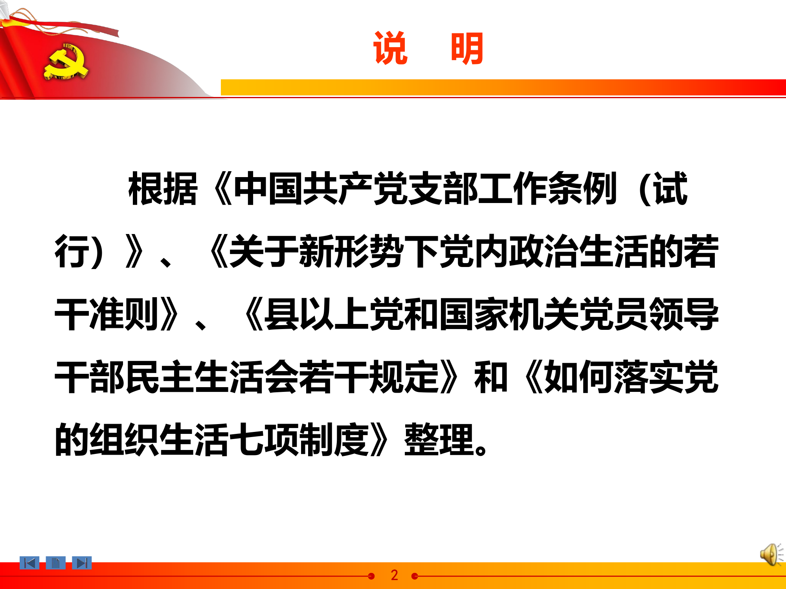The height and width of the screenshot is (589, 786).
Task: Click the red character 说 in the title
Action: (x=391, y=48)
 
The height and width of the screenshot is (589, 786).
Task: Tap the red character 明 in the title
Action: (x=467, y=48)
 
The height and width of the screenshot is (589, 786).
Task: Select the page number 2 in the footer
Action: (x=394, y=575)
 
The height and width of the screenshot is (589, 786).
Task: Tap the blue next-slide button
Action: (x=82, y=563)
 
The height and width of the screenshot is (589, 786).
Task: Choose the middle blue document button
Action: (x=55, y=563)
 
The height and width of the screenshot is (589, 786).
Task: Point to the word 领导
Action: (x=684, y=314)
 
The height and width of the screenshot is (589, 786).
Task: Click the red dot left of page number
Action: (x=371, y=576)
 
